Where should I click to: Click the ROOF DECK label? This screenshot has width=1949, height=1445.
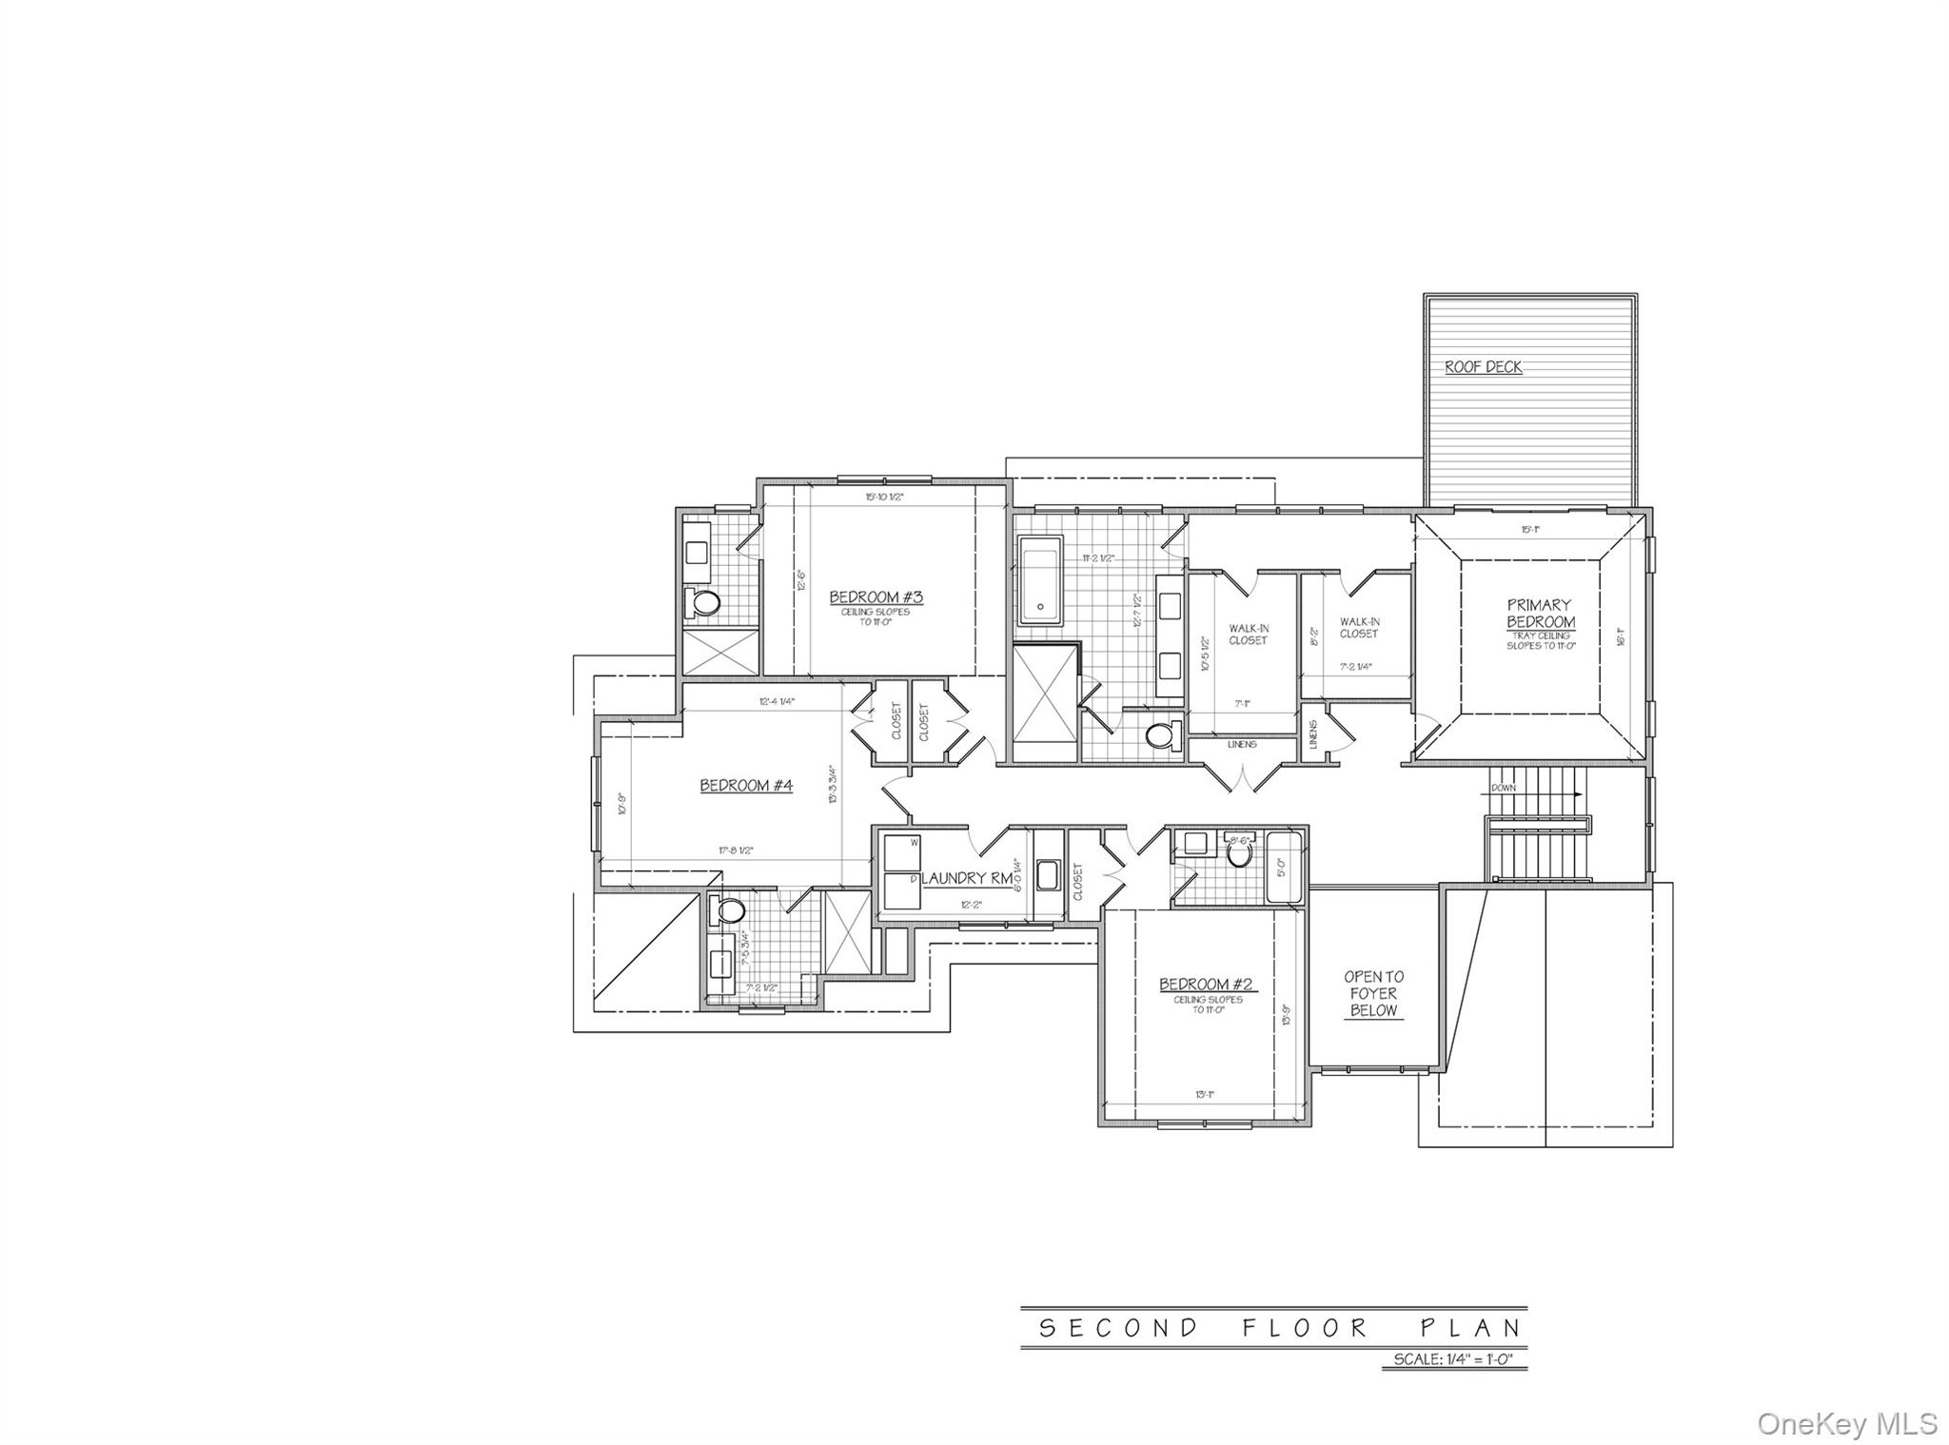(x=1483, y=367)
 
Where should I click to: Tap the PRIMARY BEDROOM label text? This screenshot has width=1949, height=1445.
(x=1540, y=614)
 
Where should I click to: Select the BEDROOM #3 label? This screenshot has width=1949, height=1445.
(x=876, y=597)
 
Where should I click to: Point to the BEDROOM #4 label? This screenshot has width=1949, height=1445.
(x=746, y=786)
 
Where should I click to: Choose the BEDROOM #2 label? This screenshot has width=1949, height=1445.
(x=1203, y=985)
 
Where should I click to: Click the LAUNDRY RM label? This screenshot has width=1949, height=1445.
(x=966, y=879)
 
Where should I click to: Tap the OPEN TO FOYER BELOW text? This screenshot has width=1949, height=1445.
(x=1373, y=993)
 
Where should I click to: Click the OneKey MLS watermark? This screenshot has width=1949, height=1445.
(x=1846, y=1423)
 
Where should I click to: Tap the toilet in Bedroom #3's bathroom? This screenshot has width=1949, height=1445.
(x=705, y=602)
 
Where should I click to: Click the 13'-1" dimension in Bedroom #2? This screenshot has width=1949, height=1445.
(x=1205, y=1095)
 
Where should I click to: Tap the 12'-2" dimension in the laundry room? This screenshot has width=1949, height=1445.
(x=970, y=906)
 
